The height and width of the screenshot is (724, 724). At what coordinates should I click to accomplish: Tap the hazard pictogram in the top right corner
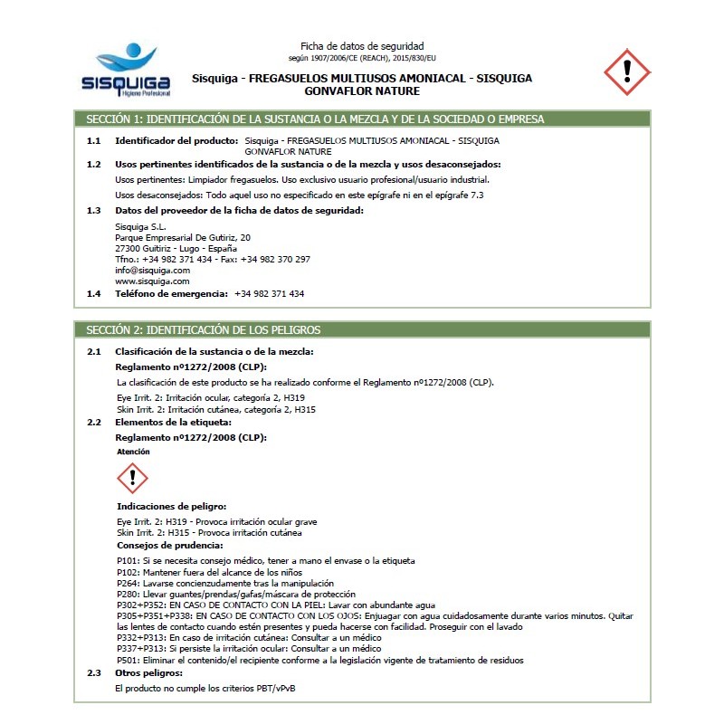pos(626,73)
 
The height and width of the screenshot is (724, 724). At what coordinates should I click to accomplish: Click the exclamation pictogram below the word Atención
pos(132,478)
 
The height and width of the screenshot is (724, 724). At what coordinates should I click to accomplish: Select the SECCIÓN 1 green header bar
pos(361,119)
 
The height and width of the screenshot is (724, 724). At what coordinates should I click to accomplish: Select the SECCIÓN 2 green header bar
pos(361,330)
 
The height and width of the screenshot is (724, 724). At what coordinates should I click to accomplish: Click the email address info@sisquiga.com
pos(152,271)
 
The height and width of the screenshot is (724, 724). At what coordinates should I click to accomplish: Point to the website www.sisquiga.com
pos(152,281)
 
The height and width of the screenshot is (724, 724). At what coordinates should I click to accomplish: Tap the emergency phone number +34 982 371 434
pos(269,294)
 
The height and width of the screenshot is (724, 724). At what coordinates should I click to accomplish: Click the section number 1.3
pos(93,211)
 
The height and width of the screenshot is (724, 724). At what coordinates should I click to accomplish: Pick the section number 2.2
pos(93,423)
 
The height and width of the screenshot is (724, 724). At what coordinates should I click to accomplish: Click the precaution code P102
pos(127,573)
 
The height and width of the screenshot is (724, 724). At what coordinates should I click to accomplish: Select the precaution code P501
pos(127,661)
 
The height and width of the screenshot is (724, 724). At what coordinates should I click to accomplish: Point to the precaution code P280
pos(127,595)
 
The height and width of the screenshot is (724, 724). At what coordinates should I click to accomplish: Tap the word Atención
pos(134,451)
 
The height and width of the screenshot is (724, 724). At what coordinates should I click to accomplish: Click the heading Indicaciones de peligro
pos(171,506)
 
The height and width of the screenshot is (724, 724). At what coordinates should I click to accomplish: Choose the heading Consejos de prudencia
pos(169,546)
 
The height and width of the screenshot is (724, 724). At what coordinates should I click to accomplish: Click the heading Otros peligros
pos(148,674)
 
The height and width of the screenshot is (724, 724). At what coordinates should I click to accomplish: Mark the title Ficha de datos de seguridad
pos(362,46)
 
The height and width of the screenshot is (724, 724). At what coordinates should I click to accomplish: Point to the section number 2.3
pos(93,674)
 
